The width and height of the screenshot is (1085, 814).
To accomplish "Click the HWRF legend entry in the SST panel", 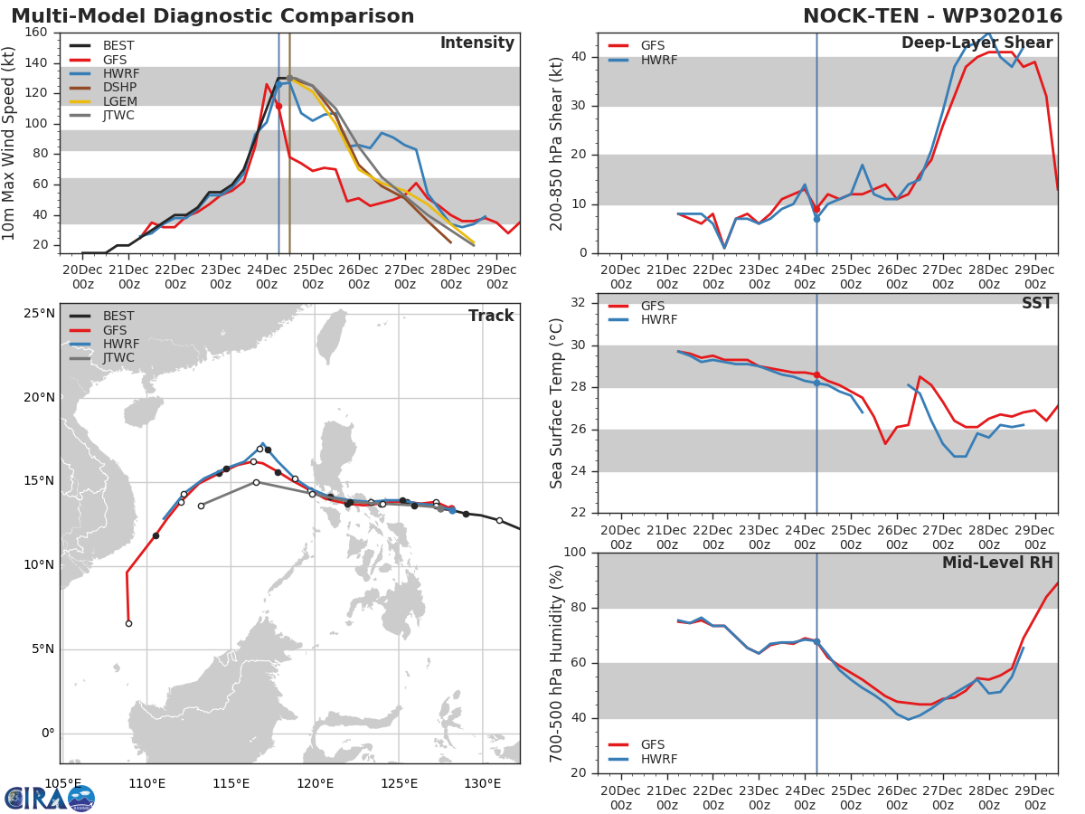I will point(658,320).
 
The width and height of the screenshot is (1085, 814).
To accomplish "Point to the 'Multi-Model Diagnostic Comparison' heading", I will point(212,17).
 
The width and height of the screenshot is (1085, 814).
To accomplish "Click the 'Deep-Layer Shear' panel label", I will point(976,43).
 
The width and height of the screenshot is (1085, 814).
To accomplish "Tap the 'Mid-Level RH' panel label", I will point(997,563).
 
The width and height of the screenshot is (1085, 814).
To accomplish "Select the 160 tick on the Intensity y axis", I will point(37,33).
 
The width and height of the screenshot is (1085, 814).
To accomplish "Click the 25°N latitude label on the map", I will point(40,314).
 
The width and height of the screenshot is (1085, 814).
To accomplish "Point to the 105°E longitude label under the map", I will point(63,783).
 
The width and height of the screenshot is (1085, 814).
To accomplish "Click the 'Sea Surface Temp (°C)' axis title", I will point(556,403).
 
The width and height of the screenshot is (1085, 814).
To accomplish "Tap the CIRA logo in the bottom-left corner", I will point(50,798).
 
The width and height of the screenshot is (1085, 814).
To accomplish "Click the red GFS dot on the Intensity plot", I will point(278,106).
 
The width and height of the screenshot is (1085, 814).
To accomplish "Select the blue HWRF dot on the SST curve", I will point(816,383).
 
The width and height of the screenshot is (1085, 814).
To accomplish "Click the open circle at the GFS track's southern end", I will point(128,623).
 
